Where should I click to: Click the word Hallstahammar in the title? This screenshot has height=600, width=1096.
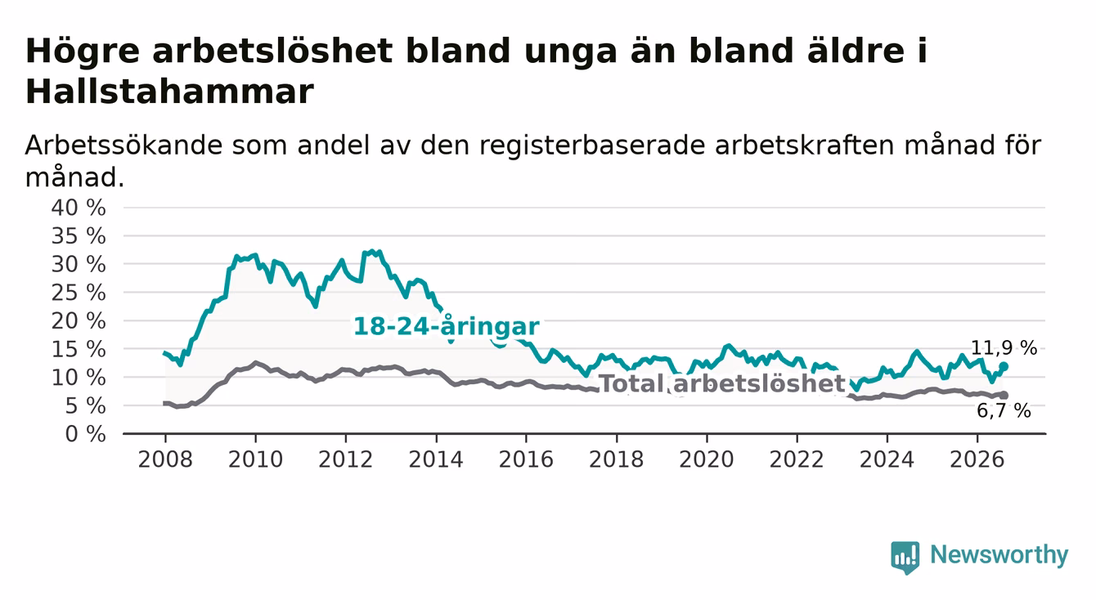169,92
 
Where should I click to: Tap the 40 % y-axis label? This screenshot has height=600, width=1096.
79,208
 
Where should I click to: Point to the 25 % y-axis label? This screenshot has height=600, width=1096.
79,293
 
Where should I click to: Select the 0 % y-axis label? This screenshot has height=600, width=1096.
85,434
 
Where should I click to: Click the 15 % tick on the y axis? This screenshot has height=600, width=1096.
79,349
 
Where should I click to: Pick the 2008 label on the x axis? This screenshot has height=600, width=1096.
165,459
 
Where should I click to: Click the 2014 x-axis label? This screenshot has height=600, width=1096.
436,459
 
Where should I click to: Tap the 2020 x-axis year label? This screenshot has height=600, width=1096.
707,459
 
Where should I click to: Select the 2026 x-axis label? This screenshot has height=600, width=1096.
977,459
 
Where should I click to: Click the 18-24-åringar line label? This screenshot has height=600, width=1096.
447,326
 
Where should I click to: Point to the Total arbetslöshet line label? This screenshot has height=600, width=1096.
723,383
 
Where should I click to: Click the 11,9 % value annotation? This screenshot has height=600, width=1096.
1004,348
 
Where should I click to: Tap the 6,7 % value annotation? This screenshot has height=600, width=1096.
1004,410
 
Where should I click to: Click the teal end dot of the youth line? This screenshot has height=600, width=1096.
1004,366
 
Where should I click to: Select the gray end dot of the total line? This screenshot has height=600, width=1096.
1004,395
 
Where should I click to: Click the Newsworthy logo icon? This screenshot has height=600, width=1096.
905,557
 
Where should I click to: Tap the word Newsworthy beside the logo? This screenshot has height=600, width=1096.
999,555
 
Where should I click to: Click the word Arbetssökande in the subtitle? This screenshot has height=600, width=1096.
124,146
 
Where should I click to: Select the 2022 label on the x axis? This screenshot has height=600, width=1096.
797,459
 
